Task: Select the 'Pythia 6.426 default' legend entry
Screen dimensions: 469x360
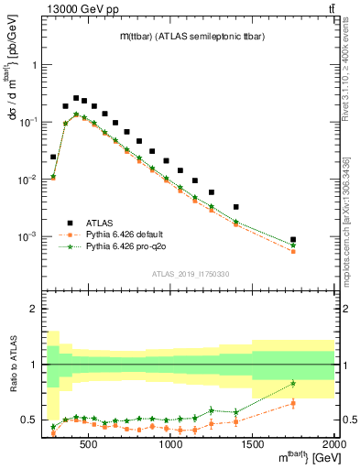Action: click(111, 234)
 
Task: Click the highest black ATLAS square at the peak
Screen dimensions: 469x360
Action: click(77, 98)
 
